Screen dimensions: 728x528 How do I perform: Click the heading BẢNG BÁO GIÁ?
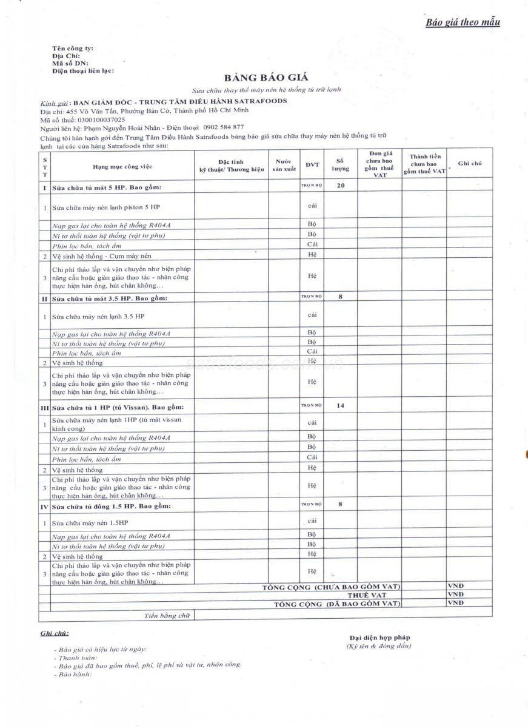point(266,78)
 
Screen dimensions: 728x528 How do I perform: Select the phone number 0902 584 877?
point(224,127)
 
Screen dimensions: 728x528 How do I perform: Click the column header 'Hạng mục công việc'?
point(122,166)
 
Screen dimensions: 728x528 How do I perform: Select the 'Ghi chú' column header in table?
point(469,164)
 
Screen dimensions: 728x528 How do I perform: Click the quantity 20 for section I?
point(341,186)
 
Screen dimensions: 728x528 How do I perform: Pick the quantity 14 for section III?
point(340,405)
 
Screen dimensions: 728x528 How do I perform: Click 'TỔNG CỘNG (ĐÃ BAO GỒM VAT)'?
point(337,604)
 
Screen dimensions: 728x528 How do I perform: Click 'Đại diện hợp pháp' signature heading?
point(379,638)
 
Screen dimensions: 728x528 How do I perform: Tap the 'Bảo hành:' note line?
point(73,674)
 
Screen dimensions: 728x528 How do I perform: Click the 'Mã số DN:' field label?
point(70,63)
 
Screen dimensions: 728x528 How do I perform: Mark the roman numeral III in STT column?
point(44,408)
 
